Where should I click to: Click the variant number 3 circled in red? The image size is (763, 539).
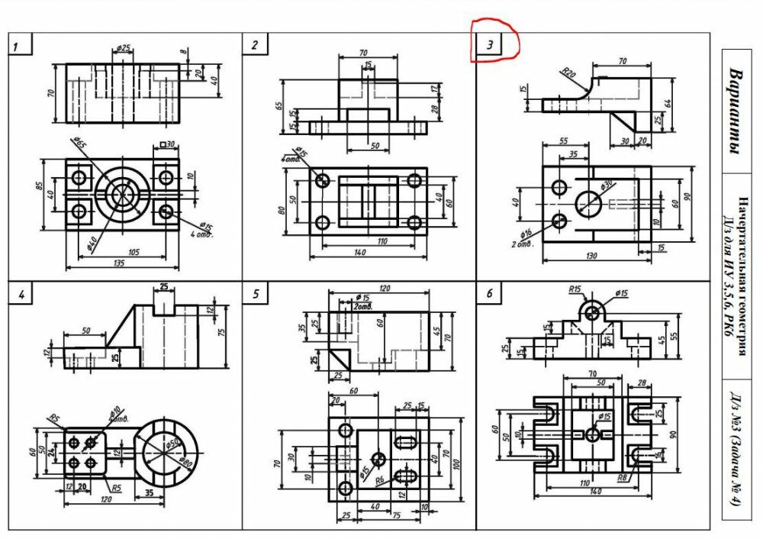click(x=490, y=44)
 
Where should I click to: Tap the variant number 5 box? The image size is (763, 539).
click(x=256, y=294)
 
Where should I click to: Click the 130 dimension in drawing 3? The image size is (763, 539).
click(x=591, y=256)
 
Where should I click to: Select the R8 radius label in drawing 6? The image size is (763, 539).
click(x=623, y=479)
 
